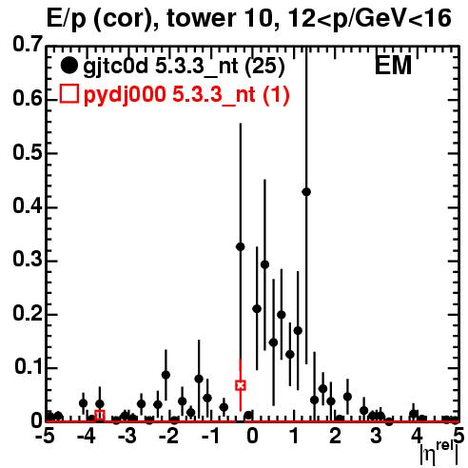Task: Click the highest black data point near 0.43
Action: tap(306, 192)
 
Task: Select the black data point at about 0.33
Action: tap(241, 246)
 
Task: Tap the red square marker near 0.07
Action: tap(241, 385)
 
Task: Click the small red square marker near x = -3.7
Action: tap(100, 415)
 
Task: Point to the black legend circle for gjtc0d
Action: tap(68, 66)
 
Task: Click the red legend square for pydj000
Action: tap(69, 94)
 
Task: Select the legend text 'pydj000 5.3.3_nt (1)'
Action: tap(186, 94)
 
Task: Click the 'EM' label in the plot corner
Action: tap(393, 66)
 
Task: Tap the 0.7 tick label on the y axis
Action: tap(28, 44)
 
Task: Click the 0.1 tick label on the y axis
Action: tap(28, 366)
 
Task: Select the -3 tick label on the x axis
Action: tap(127, 437)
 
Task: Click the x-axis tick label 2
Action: tap(335, 437)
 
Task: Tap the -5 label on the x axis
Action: tap(45, 437)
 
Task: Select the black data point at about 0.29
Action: tap(264, 264)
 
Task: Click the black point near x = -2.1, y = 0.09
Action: tap(166, 375)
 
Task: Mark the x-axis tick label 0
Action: tap(252, 437)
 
